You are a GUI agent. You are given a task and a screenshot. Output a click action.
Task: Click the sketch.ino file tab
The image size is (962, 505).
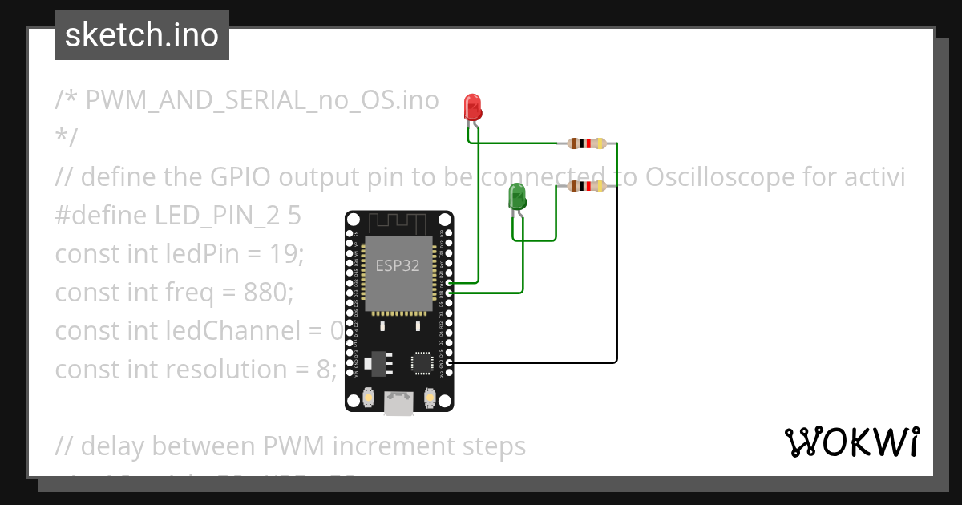point(141,35)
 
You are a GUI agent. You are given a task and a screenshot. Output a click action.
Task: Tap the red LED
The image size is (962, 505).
point(472,107)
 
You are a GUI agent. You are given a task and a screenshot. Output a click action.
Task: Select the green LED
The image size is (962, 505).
point(517,196)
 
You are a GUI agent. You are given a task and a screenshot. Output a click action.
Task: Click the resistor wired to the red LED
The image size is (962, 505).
point(587,143)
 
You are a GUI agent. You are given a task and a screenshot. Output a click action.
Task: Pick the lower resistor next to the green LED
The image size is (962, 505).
point(587,186)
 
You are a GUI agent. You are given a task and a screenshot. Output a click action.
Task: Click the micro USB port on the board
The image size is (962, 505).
point(398,403)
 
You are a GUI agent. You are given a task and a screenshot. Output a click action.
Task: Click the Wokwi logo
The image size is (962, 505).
point(851,442)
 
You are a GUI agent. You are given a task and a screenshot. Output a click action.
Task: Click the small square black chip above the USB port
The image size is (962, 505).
point(422,363)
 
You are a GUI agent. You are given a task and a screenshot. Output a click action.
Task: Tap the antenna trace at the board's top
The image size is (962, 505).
point(399,222)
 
